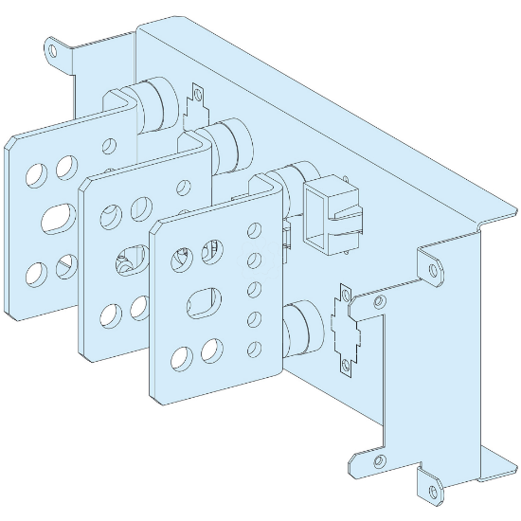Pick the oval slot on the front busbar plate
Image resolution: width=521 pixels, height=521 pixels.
[205, 306]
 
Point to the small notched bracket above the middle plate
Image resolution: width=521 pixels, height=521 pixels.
[198, 99]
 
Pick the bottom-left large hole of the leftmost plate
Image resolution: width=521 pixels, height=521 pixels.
[36, 274]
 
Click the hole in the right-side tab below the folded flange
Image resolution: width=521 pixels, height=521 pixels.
[435, 270]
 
